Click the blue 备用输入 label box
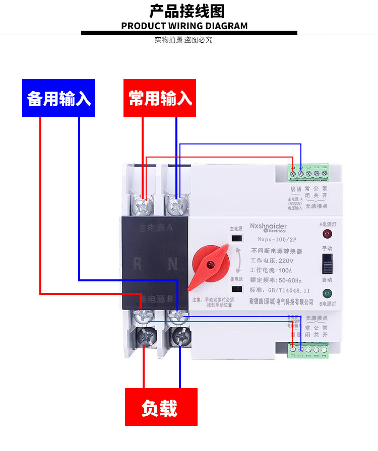(58, 98)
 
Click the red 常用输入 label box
(160, 98)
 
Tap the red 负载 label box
(161, 407)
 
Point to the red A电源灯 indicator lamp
(327, 234)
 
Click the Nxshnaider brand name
(268, 227)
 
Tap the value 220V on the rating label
(285, 261)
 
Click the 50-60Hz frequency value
(290, 280)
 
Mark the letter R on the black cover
(137, 262)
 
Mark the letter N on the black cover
(171, 262)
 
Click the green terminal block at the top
(308, 173)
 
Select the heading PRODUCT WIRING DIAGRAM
(184, 26)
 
